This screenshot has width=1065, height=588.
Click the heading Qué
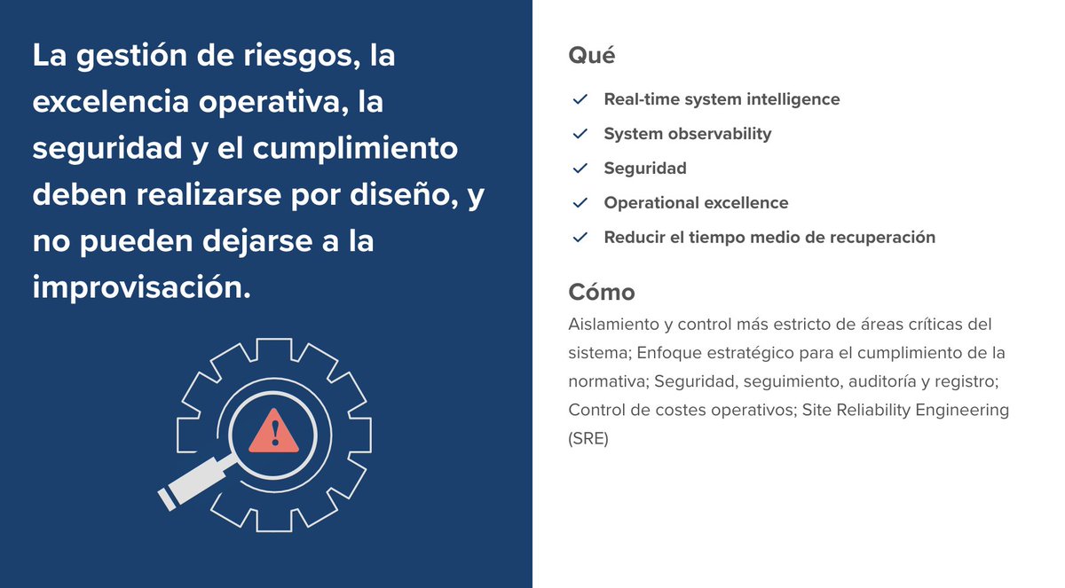591,55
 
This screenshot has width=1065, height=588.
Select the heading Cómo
601,292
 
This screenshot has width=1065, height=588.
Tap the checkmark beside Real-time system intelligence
580,99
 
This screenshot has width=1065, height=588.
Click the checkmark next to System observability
580,134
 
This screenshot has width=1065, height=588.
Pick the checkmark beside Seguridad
580,169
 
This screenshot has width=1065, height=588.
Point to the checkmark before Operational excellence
580,203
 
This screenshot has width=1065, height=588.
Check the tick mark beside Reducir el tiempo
580,238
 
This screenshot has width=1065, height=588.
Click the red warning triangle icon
275,432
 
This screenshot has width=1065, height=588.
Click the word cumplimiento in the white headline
355,148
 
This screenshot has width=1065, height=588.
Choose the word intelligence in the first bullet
785,99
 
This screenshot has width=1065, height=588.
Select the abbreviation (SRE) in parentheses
588,439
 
